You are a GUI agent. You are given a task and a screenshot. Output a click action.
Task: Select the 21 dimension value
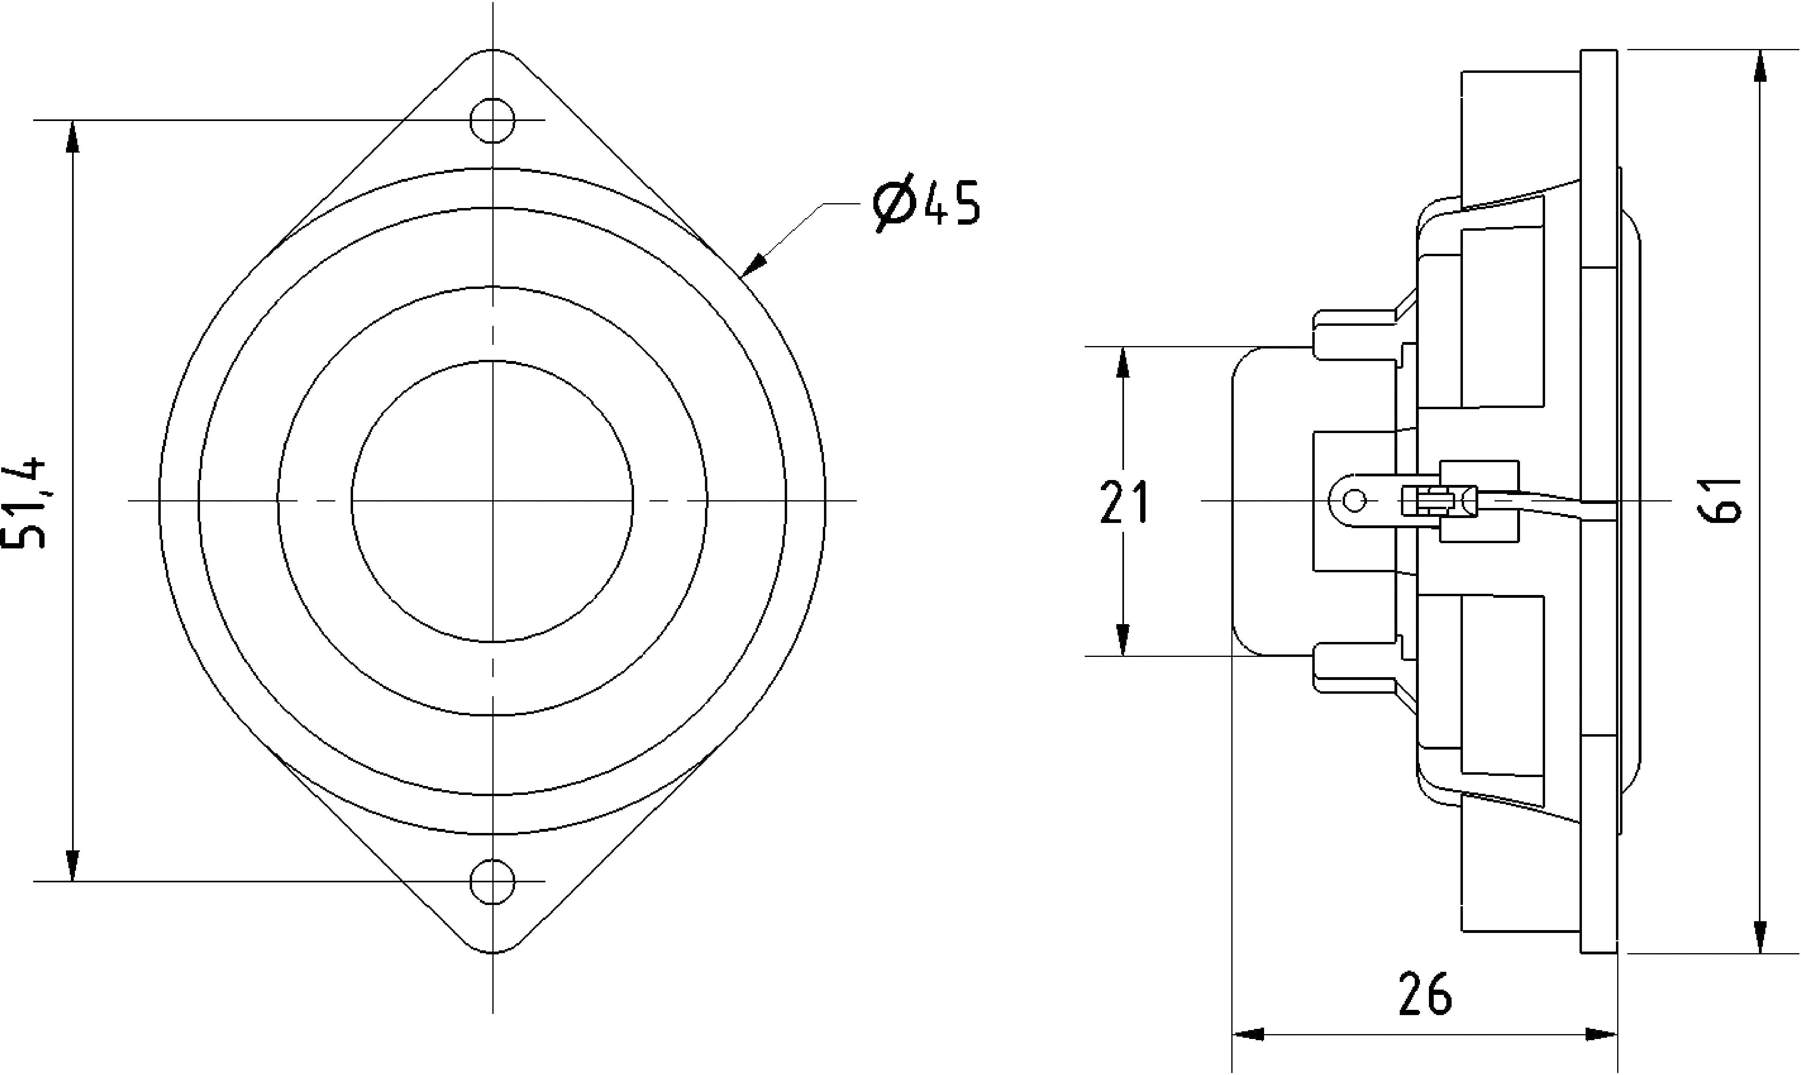(1124, 502)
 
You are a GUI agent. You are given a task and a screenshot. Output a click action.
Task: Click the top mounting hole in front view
(493, 120)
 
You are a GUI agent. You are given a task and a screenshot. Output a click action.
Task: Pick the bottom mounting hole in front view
(493, 882)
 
